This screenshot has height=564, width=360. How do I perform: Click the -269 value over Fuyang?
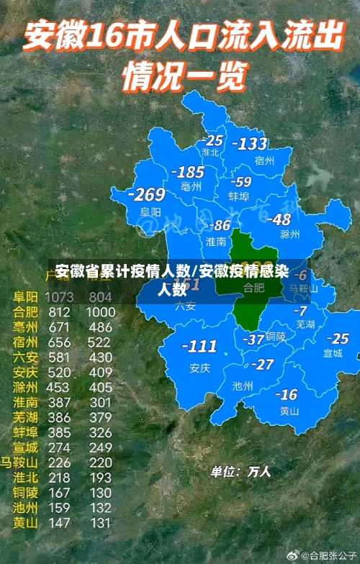tap(146, 195)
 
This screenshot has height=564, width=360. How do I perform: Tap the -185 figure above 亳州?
tap(189, 173)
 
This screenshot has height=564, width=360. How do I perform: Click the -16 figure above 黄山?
tap(287, 394)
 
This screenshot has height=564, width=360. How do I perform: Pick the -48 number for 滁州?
tap(279, 219)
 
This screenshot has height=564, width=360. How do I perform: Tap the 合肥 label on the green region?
tap(253, 287)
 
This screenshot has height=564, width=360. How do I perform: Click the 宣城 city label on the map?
tap(333, 353)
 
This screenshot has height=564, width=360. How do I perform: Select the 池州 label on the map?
tap(243, 386)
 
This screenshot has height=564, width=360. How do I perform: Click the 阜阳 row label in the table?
tap(26, 296)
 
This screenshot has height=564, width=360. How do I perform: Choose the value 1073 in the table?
tap(59, 296)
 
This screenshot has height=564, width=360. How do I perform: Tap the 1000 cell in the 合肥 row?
tap(100, 312)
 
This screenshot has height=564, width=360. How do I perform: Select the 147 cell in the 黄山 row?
tap(59, 523)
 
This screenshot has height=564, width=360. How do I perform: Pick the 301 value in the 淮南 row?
tap(100, 402)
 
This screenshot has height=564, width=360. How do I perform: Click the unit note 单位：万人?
tap(240, 472)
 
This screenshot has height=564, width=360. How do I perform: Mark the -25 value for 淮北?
tap(212, 140)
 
